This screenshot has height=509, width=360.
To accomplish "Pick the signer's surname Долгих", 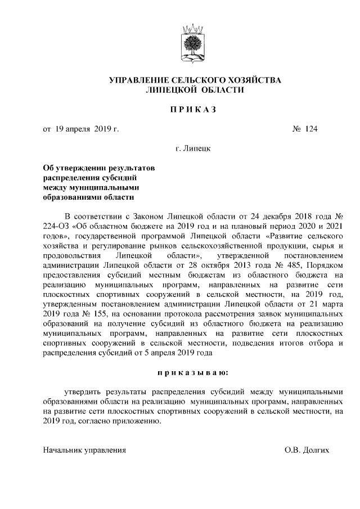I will [x=315, y=451].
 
